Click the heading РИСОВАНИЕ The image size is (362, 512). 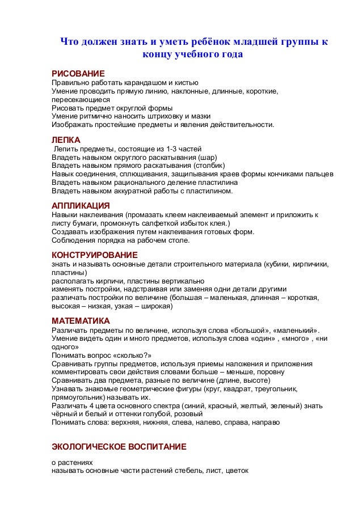pyautogui.click(x=78, y=74)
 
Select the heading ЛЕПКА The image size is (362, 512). pyautogui.click(x=66, y=139)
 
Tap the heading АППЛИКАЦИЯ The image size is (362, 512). pyautogui.click(x=81, y=205)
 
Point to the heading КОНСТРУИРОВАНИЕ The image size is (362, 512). pyautogui.click(x=94, y=255)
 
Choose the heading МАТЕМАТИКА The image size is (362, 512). pyautogui.click(x=81, y=320)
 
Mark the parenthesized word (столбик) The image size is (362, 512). pyautogui.click(x=201, y=166)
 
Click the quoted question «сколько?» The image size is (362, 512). pyautogui.click(x=126, y=355)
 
